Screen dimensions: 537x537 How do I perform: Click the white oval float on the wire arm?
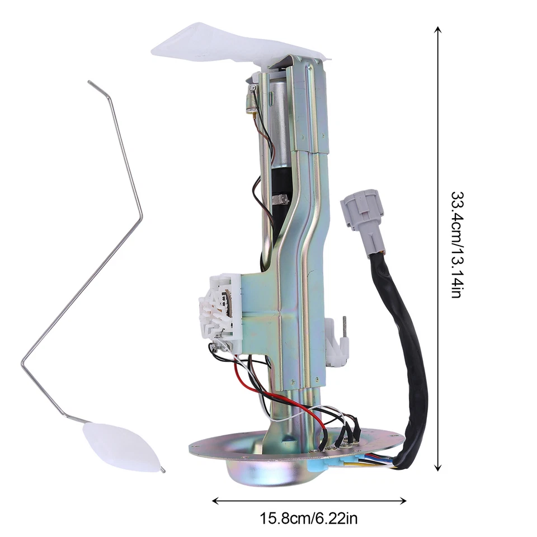(120, 447)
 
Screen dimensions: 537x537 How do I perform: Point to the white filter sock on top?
(224, 44)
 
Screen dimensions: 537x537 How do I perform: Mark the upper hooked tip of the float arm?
(90, 83)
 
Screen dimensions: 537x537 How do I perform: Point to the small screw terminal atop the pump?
(253, 88)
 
